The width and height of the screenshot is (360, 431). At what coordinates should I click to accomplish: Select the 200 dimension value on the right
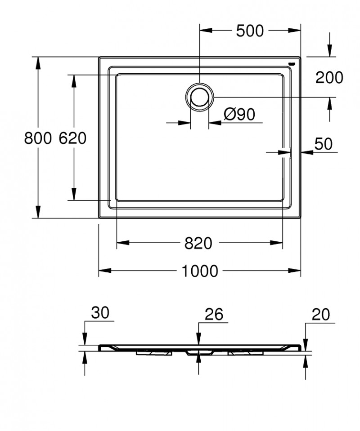coord(329,78)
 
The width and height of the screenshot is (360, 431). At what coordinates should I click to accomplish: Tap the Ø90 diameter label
coord(239,115)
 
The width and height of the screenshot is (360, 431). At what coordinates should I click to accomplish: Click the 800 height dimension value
coord(38,138)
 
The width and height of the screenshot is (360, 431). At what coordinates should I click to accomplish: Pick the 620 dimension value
coord(72,138)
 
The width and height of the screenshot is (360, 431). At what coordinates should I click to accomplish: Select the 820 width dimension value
coord(198,244)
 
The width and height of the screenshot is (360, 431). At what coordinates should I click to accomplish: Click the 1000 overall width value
coord(200,271)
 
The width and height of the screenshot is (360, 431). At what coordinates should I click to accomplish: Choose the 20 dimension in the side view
coord(321,315)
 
